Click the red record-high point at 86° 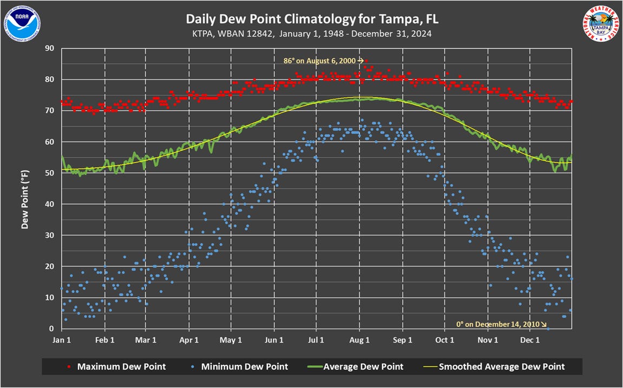pos(366,61)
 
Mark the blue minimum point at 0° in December pos(548,329)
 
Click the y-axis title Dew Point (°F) pos(25,199)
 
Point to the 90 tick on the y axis pos(49,48)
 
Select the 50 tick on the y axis pos(49,173)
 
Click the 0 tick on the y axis pos(51,329)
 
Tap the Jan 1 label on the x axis pos(62,340)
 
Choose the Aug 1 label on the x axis pos(359,340)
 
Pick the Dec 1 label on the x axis pos(530,340)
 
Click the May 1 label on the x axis pos(231,340)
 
